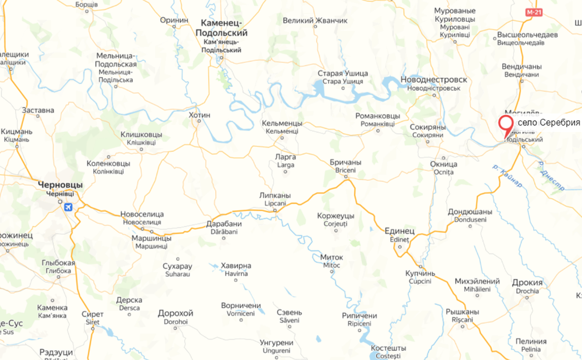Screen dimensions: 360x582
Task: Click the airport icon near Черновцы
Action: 68,207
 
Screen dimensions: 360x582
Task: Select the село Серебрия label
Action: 548,122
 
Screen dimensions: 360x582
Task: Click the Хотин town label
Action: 199,115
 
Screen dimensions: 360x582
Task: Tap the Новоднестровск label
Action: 434,80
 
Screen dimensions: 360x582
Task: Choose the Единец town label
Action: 400,231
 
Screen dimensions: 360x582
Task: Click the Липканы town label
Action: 275,195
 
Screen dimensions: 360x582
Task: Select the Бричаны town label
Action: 345,162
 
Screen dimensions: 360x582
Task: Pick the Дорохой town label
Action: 176,313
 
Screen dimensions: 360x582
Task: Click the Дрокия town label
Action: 527,283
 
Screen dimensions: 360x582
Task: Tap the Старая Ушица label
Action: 343,73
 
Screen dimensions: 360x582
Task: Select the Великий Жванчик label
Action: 315,21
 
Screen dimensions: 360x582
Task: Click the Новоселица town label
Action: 142,215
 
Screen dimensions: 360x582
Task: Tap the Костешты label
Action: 389,348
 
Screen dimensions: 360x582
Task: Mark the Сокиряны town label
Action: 428,127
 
